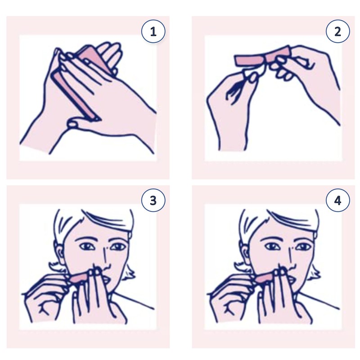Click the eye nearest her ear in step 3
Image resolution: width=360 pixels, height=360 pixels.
[85, 247]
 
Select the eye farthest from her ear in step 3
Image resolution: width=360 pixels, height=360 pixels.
[117, 247]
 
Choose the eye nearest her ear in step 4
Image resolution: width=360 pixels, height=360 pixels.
[270, 247]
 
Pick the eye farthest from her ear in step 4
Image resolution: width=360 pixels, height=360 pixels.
[302, 247]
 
